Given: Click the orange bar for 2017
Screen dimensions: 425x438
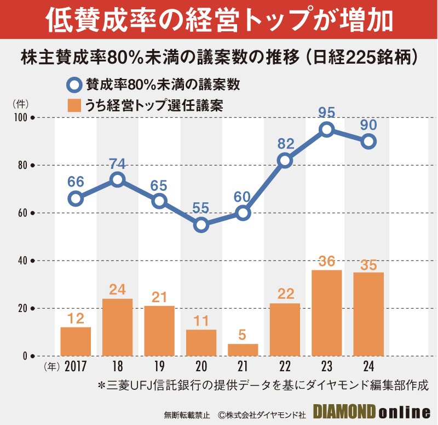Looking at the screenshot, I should pyautogui.click(x=76, y=341).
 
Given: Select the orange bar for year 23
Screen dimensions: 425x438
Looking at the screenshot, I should pyautogui.click(x=326, y=313).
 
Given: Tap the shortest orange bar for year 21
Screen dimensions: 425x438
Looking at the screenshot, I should pyautogui.click(x=243, y=349).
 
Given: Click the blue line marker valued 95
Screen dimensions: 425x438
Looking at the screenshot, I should pyautogui.click(x=326, y=129).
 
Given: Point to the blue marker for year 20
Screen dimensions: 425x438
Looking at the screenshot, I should pyautogui.click(x=201, y=225).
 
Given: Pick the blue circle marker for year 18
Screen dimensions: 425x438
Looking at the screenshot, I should pyautogui.click(x=117, y=180).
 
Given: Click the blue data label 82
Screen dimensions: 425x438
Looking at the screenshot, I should pyautogui.click(x=285, y=144).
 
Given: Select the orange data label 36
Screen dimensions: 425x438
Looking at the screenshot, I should pyautogui.click(x=326, y=261).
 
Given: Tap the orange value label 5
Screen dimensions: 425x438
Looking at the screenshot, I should pyautogui.click(x=243, y=335).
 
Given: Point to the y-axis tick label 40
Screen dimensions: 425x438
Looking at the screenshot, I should pyautogui.click(x=21, y=260).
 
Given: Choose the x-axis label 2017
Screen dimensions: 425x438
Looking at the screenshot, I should pyautogui.click(x=76, y=366).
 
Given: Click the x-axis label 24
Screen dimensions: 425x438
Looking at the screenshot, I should pyautogui.click(x=368, y=366).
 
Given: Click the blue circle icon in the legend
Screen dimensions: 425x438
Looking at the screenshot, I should pyautogui.click(x=73, y=86).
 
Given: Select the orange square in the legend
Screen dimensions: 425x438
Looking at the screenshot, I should pyautogui.click(x=73, y=105).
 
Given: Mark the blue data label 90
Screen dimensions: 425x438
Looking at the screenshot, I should pyautogui.click(x=368, y=126).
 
